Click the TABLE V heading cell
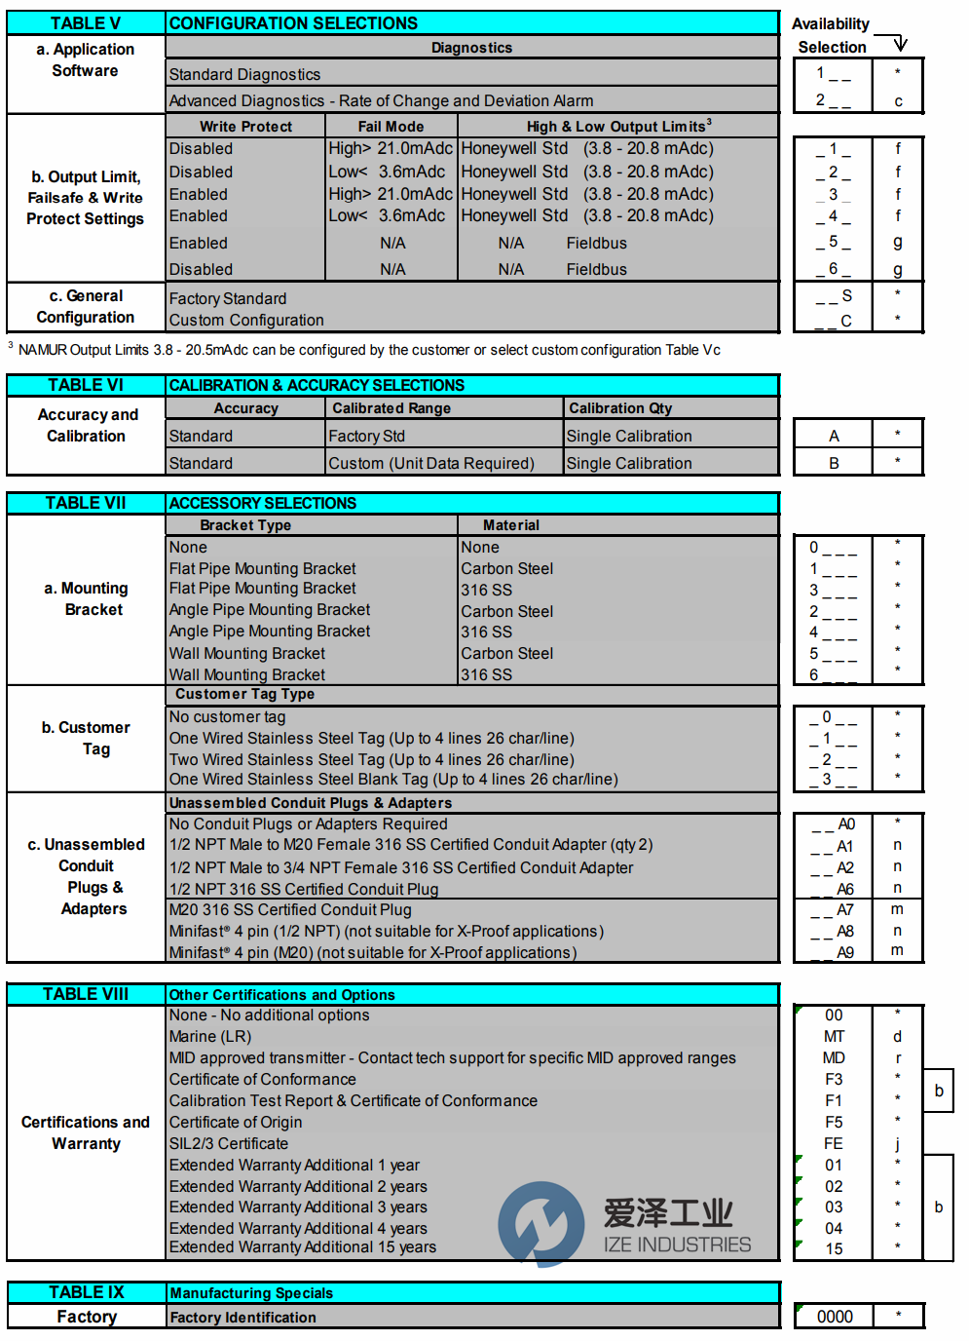(86, 23)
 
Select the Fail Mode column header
(391, 127)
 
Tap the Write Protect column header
(245, 127)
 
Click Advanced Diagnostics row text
(381, 100)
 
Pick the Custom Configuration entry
(246, 321)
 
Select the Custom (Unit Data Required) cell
(431, 464)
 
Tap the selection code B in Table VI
(834, 464)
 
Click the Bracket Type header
(245, 525)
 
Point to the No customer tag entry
(228, 717)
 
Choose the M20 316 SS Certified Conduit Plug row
(290, 910)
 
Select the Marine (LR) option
(210, 1037)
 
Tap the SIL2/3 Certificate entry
(229, 1144)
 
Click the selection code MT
(834, 1037)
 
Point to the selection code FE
(834, 1144)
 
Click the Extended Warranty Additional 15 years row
(303, 1247)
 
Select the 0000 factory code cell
(835, 1317)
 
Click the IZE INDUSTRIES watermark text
(677, 1245)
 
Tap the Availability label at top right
(830, 24)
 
